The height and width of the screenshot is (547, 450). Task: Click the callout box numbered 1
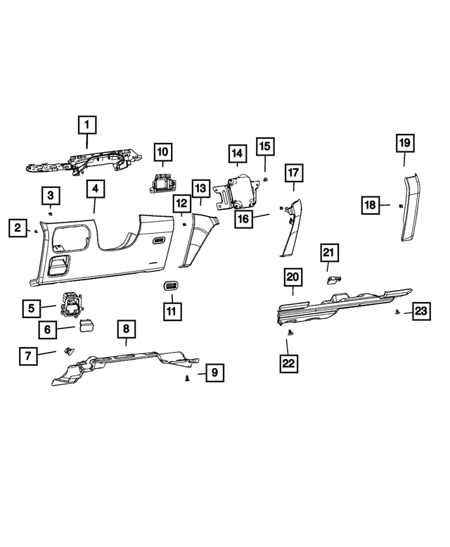[87, 126]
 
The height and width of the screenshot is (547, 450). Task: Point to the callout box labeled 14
[236, 153]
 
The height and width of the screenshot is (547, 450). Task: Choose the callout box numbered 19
[404, 144]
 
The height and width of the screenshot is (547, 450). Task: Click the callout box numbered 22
[289, 363]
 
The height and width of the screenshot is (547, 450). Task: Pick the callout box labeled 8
[126, 329]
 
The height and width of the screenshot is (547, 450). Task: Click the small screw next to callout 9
[188, 378]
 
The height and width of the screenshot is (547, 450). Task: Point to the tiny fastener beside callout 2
[36, 230]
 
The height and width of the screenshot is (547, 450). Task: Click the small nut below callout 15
[268, 180]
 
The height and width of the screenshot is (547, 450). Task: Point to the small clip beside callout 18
[398, 206]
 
